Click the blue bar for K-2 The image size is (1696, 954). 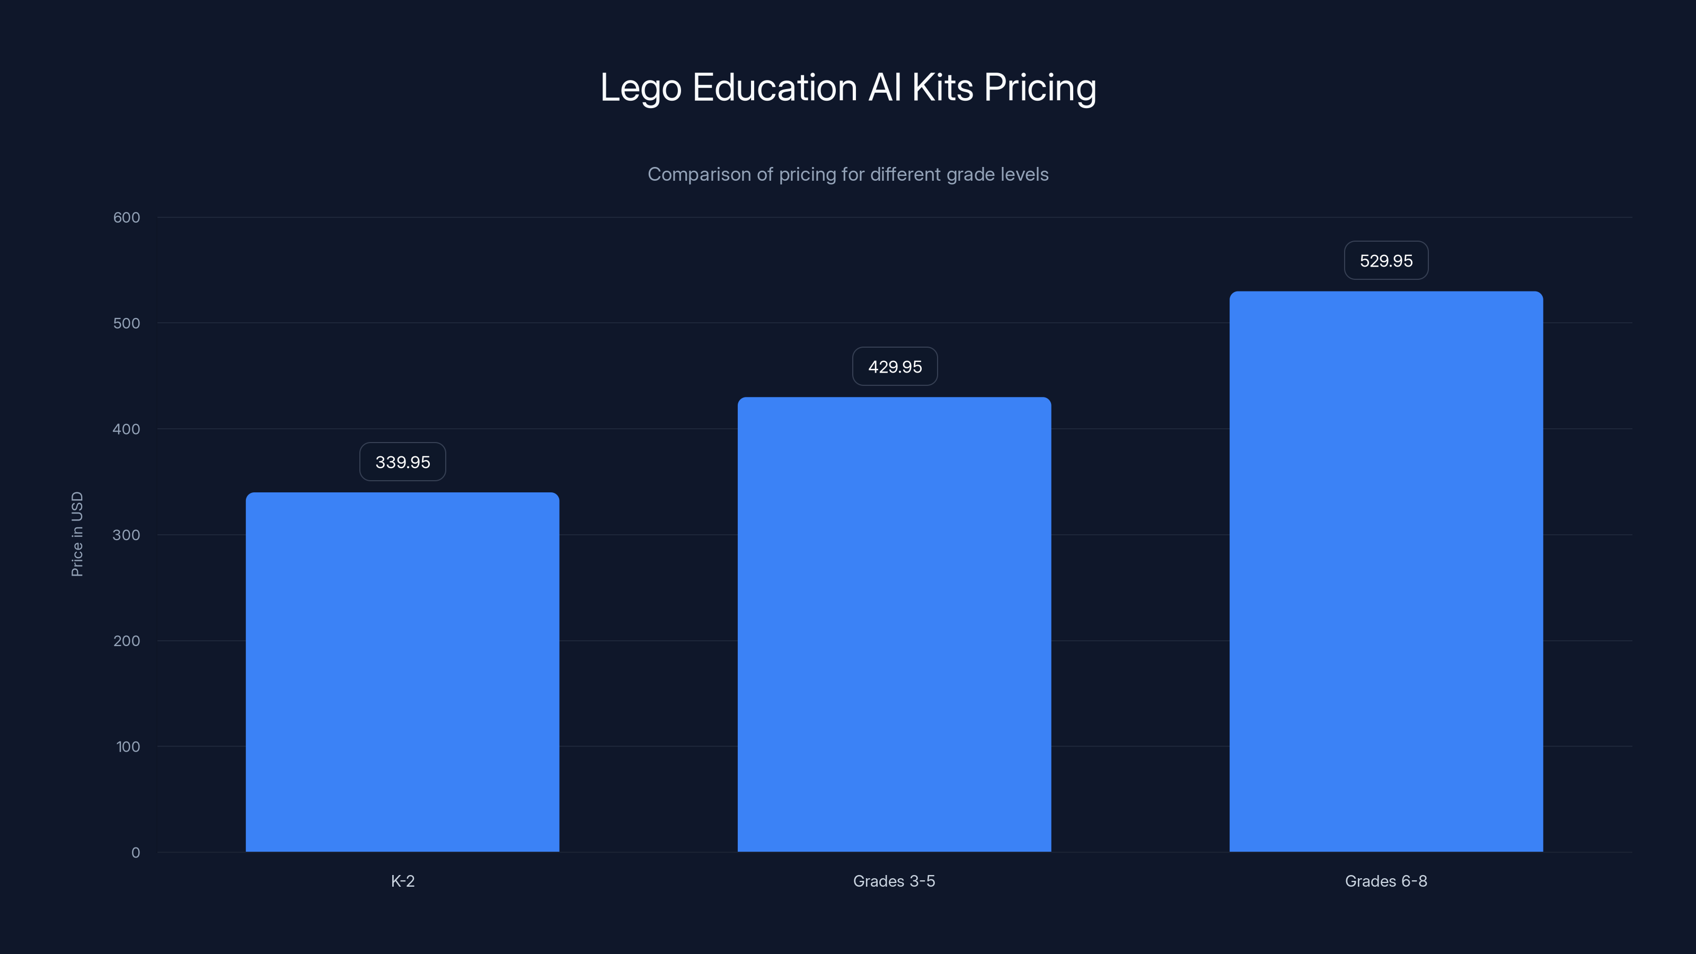point(402,672)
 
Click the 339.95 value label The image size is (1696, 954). point(402,462)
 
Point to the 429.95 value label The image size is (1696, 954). point(895,367)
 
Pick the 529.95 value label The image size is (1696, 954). point(1386,261)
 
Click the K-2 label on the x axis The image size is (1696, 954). point(402,881)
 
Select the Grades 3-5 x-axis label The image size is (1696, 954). point(894,881)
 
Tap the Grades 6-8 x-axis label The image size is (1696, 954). point(1386,881)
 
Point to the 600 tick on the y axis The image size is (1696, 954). point(127,217)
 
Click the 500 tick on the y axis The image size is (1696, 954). point(127,323)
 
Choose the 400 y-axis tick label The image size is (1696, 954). point(127,429)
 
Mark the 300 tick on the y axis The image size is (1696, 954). point(127,535)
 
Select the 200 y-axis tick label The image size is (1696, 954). point(127,641)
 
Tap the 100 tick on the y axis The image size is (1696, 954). point(128,747)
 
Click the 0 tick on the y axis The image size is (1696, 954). point(136,853)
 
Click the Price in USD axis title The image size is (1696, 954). point(77,534)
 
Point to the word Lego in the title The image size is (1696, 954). point(640,88)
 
